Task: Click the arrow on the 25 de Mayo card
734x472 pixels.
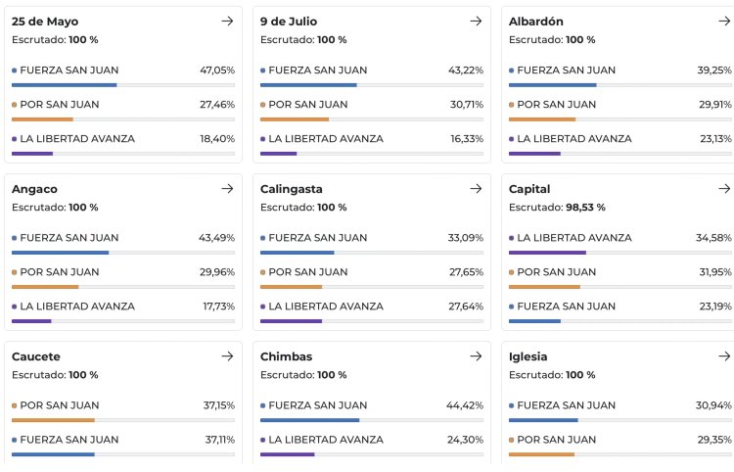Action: pyautogui.click(x=227, y=21)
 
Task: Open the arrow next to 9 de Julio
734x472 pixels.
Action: pyautogui.click(x=476, y=21)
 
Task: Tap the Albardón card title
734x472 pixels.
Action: pyautogui.click(x=536, y=22)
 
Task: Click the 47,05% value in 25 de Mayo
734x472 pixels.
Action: pyautogui.click(x=217, y=71)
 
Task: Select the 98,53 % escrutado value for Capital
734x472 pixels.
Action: pyautogui.click(x=585, y=208)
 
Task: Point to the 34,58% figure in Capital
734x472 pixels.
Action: pyautogui.click(x=714, y=238)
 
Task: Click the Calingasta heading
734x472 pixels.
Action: pyautogui.click(x=291, y=189)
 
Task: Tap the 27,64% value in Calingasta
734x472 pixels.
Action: pyautogui.click(x=466, y=307)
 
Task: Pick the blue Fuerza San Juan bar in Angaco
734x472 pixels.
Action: pyautogui.click(x=60, y=253)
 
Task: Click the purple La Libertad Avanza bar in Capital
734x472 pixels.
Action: pyautogui.click(x=547, y=253)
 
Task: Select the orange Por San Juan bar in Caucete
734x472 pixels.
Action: pyautogui.click(x=53, y=420)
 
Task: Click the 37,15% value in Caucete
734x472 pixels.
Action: pyautogui.click(x=217, y=405)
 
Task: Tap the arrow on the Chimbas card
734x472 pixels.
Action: pyautogui.click(x=476, y=355)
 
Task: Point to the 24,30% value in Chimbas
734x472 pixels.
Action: pyautogui.click(x=466, y=440)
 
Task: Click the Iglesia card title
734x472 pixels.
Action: pyautogui.click(x=528, y=356)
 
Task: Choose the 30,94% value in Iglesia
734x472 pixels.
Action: pyautogui.click(x=714, y=405)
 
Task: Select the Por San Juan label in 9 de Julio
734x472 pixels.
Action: pyautogui.click(x=307, y=105)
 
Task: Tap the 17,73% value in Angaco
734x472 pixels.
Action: pyautogui.click(x=217, y=307)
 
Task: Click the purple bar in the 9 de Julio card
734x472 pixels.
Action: pyautogui.click(x=278, y=154)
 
